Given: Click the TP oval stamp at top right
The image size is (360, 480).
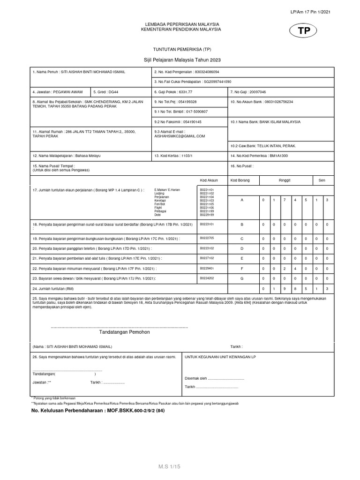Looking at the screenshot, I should pos(304,31).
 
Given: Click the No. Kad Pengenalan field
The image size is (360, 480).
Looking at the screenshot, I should pos(187,72).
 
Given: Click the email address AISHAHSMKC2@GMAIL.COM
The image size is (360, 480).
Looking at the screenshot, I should pos(180,136).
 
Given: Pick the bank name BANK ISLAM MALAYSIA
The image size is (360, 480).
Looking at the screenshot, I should pos(265,121).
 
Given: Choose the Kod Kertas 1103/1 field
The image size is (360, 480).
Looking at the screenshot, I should pos(176,155).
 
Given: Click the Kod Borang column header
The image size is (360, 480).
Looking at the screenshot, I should pos(240,180).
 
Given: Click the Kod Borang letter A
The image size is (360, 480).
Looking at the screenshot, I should pos(242,200).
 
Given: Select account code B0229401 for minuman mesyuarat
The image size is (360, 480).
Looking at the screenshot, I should pos(207,268).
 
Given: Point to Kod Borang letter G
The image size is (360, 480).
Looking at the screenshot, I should pos(242,278).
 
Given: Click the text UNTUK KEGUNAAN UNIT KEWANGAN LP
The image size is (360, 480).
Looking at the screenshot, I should pos(220,357).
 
